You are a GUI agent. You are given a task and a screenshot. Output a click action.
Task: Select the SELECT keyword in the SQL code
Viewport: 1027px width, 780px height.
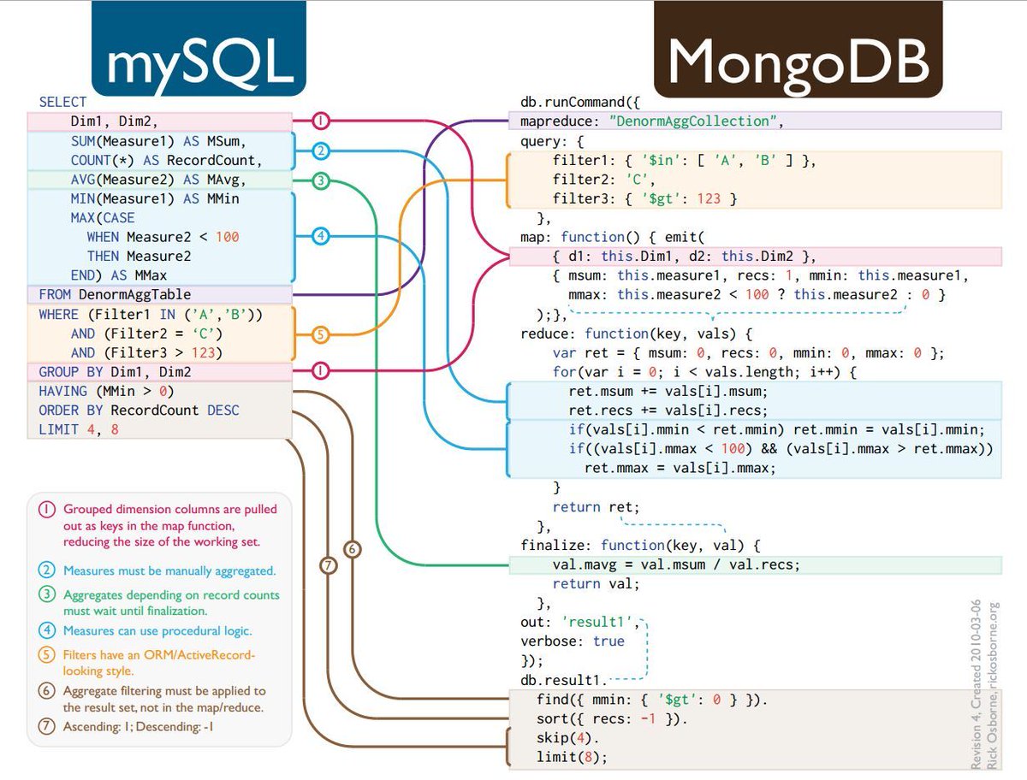point(62,102)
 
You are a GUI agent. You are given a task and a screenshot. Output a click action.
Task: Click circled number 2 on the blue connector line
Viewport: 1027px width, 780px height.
point(320,151)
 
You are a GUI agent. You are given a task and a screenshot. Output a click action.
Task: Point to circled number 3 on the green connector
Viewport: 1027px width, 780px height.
point(320,180)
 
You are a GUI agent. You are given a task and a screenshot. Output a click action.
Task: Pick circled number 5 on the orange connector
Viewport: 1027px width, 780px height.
point(320,334)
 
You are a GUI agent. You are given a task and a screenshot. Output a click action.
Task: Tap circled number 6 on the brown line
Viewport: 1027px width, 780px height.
point(352,548)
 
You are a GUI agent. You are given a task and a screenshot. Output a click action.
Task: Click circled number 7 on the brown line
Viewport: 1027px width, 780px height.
point(328,565)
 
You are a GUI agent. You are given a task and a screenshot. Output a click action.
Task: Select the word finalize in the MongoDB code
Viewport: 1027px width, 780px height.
point(555,545)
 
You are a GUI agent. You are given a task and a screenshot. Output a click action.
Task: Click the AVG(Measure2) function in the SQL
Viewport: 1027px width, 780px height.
point(121,180)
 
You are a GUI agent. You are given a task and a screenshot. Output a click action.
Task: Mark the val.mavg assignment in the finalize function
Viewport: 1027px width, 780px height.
point(676,564)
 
